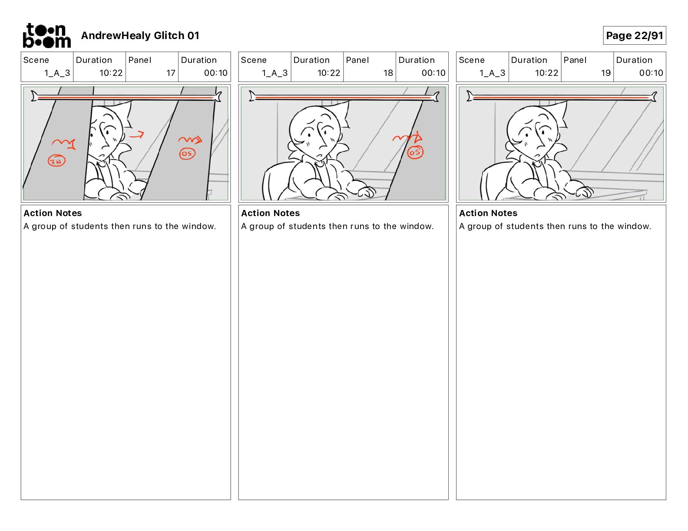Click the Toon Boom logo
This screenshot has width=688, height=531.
click(x=47, y=36)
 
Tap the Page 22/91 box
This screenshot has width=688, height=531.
click(x=634, y=36)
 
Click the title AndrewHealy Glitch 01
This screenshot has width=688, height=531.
click(x=140, y=36)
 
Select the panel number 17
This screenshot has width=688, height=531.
click(x=171, y=73)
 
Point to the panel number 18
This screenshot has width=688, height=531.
click(x=388, y=73)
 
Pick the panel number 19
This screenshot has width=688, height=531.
click(x=605, y=73)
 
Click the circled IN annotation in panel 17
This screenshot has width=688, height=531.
click(x=56, y=161)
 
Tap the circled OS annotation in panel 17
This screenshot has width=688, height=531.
click(x=187, y=154)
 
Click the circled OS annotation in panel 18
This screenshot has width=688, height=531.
click(x=415, y=152)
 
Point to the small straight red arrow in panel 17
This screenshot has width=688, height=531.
click(x=136, y=135)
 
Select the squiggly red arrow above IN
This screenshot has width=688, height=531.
click(x=64, y=144)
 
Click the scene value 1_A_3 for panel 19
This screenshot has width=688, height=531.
click(x=493, y=73)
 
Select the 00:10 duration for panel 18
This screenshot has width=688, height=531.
click(x=433, y=73)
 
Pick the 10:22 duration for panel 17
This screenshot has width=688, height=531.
click(x=111, y=73)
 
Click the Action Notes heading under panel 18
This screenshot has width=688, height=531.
click(x=271, y=213)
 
